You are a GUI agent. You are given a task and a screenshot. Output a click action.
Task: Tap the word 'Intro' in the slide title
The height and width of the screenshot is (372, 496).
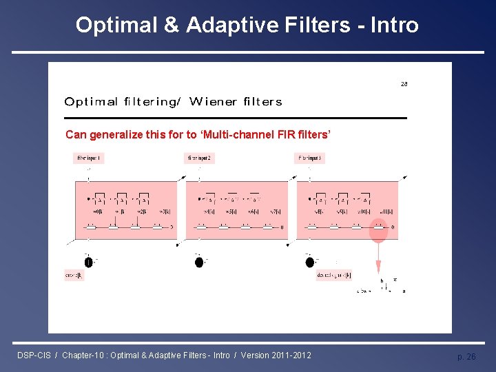coord(394,25)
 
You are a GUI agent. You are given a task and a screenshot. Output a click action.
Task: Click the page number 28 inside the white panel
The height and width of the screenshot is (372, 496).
coord(404,84)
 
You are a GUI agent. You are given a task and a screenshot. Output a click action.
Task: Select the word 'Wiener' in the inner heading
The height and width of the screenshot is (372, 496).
coord(212,102)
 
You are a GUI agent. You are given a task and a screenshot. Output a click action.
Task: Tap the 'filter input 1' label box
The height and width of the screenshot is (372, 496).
coord(89,158)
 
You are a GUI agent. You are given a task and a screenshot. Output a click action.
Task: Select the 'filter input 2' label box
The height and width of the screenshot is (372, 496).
coord(200,158)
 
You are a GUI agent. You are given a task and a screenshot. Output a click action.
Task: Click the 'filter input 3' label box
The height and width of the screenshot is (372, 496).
coord(310,158)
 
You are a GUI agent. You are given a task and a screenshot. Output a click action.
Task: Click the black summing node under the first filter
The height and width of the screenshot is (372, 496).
coord(88,262)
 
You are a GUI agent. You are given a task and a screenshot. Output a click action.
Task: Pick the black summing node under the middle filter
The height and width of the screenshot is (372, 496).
coord(199,262)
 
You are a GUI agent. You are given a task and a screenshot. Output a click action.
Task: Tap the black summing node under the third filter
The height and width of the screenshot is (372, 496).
coord(310,262)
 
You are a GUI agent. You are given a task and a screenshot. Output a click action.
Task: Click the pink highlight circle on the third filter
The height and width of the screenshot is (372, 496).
coord(378,231)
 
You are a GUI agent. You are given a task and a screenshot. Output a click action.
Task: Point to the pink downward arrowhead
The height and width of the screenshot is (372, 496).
coord(378,271)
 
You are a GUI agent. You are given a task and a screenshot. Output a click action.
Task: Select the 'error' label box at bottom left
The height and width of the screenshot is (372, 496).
coord(74,276)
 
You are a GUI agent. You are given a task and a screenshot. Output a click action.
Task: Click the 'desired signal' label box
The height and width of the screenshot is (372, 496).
coord(334,276)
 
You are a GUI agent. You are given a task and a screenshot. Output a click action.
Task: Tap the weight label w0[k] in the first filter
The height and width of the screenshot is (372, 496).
coord(97,211)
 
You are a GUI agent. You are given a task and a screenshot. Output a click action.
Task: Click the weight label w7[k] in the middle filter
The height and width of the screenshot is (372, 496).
coord(275,211)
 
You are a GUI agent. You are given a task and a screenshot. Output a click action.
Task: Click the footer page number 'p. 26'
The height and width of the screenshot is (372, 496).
coord(466,356)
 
